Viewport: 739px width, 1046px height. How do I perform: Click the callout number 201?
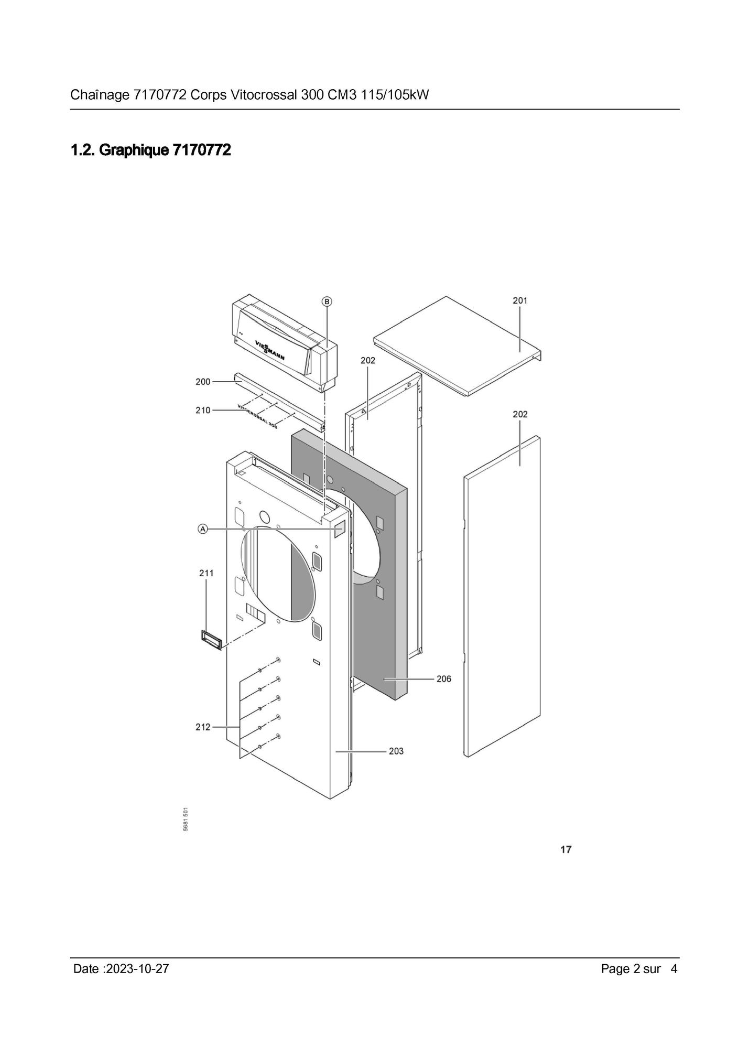coord(520,300)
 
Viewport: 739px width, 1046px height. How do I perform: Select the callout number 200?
coord(203,382)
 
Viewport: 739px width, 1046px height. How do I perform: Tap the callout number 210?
coord(203,410)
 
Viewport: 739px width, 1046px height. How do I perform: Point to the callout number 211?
coord(207,573)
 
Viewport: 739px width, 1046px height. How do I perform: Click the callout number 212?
coord(203,727)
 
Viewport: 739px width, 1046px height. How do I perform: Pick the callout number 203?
coord(396,751)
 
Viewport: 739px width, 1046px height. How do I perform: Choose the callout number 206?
coord(443,679)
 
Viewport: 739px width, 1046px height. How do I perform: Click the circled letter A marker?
coord(203,529)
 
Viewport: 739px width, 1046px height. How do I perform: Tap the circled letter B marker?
coord(327,301)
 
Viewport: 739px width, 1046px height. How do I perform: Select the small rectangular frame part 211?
coord(211,640)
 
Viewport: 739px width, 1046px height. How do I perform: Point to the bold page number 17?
coord(566,849)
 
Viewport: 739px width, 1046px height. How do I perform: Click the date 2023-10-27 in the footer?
coord(137,968)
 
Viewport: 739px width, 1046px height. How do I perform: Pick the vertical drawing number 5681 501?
coord(186,819)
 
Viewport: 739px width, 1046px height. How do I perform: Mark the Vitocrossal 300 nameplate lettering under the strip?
coord(258,417)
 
